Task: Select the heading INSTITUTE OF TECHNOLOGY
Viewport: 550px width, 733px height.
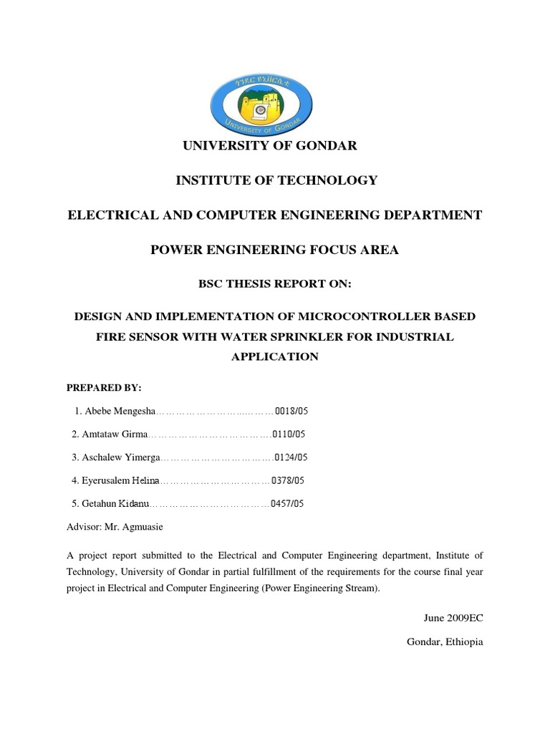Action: point(276,180)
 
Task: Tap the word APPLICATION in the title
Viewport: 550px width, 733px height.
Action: point(275,356)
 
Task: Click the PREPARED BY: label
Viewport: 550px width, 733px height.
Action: point(104,387)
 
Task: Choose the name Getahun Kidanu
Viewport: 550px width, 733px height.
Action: point(115,504)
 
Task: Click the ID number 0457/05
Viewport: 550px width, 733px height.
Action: point(288,504)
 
